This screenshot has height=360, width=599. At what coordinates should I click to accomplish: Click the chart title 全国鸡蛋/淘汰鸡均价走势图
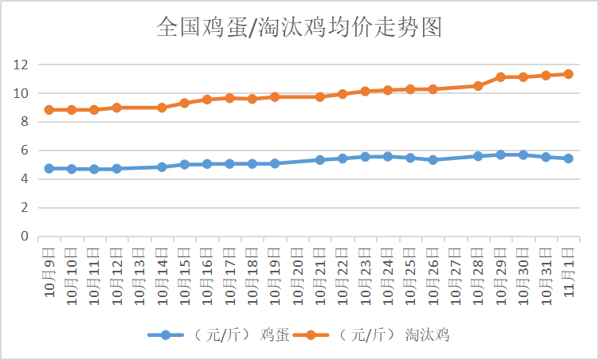[299, 29]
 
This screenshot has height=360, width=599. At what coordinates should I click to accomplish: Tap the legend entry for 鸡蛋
[220, 335]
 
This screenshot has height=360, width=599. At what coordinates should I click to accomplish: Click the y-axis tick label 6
[24, 151]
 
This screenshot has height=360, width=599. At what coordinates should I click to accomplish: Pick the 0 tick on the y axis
[24, 237]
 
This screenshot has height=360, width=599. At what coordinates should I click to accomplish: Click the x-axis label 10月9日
[49, 271]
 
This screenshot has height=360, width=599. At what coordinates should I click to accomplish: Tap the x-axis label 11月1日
[568, 271]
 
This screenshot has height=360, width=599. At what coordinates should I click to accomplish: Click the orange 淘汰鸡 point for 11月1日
[568, 74]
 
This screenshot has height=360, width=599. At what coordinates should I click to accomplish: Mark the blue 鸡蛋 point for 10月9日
[49, 169]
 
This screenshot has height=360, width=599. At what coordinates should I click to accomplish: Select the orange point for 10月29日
[500, 77]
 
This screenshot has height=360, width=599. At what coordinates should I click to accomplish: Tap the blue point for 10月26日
[433, 160]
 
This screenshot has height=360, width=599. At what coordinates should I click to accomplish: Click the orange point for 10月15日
[184, 103]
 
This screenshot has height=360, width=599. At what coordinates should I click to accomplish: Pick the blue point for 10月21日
[319, 160]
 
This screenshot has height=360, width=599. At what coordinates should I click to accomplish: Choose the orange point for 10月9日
[49, 110]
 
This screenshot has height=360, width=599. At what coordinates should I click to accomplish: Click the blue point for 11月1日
[568, 158]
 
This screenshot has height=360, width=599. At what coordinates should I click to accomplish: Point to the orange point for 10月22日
[343, 94]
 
